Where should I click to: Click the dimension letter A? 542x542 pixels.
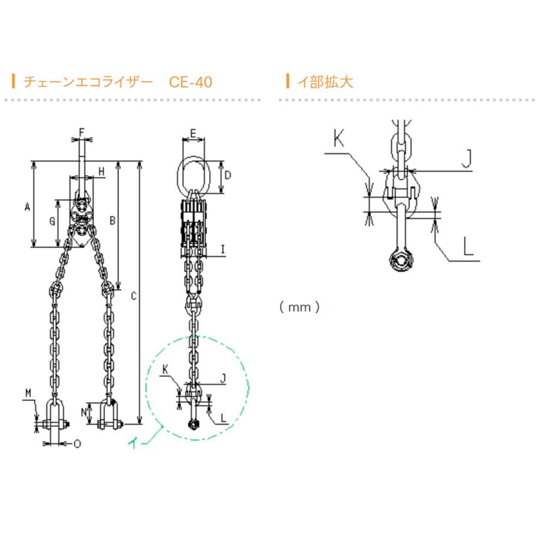click(x=27, y=207)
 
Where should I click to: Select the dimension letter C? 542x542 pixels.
click(x=134, y=296)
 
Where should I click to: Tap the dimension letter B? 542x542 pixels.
click(x=113, y=220)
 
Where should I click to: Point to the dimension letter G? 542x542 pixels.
click(x=52, y=221)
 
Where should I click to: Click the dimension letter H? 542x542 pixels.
click(x=101, y=171)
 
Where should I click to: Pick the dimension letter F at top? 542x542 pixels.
click(x=82, y=132)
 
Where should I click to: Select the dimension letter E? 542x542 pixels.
click(x=193, y=133)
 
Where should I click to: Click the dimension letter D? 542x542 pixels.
click(x=228, y=175)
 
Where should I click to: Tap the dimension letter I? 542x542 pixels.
click(x=223, y=249)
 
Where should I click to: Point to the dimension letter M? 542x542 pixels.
click(x=28, y=393)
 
